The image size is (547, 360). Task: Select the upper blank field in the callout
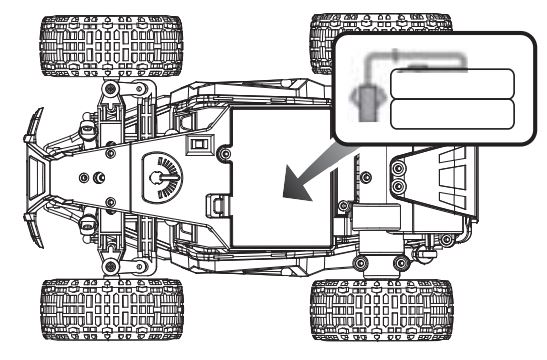[450, 83]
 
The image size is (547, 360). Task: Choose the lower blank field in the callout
[450, 113]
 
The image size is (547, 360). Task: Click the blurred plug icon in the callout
[366, 102]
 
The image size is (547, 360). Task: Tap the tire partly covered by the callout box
[345, 40]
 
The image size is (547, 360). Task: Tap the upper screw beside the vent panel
[398, 168]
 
